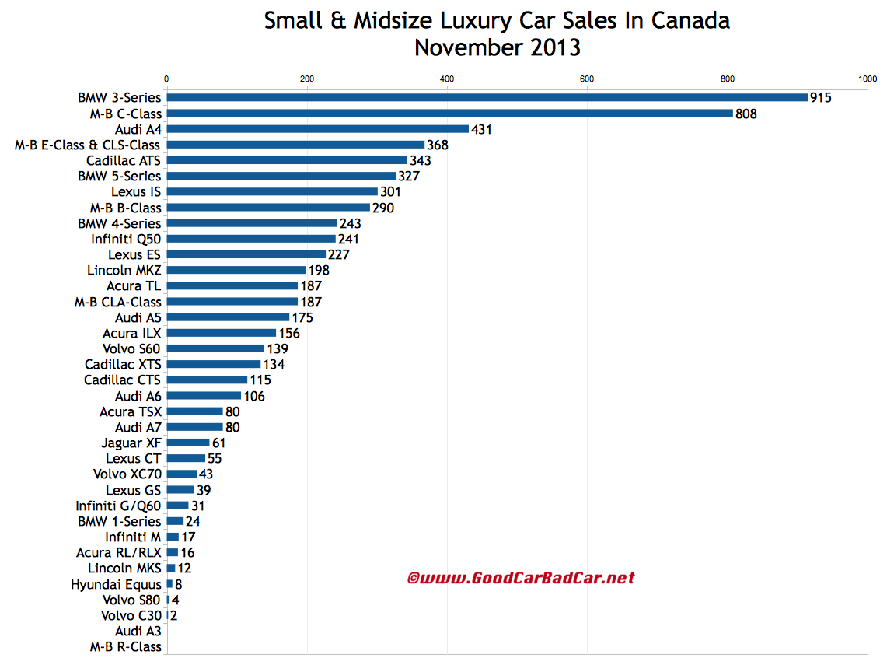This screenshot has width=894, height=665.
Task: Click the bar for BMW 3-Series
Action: pos(487,98)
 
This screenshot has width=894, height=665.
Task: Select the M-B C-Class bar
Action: pos(449,114)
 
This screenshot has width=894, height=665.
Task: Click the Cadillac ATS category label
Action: pos(124,160)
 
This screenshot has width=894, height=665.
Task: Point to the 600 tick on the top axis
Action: pos(587,79)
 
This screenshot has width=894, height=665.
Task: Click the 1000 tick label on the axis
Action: pos(868,79)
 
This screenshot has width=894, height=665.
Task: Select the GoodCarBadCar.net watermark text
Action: pos(521,578)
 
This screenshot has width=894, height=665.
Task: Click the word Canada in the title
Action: pos(691,21)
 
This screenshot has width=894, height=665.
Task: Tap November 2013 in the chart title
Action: pos(497,47)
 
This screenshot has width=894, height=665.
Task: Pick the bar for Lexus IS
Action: pos(272,191)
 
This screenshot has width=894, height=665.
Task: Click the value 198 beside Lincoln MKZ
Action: pos(319,271)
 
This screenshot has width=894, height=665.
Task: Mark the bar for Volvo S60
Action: pos(215,348)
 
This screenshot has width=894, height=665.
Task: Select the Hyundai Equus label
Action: pos(116,584)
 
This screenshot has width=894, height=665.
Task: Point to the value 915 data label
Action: pos(821,98)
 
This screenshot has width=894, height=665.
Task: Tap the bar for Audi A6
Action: pos(204,396)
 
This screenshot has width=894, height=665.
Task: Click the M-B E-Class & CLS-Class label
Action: pos(88,145)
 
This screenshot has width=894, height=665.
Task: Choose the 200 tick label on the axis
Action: pos(307,79)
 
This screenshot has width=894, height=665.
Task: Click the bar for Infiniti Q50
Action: pos(251,239)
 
